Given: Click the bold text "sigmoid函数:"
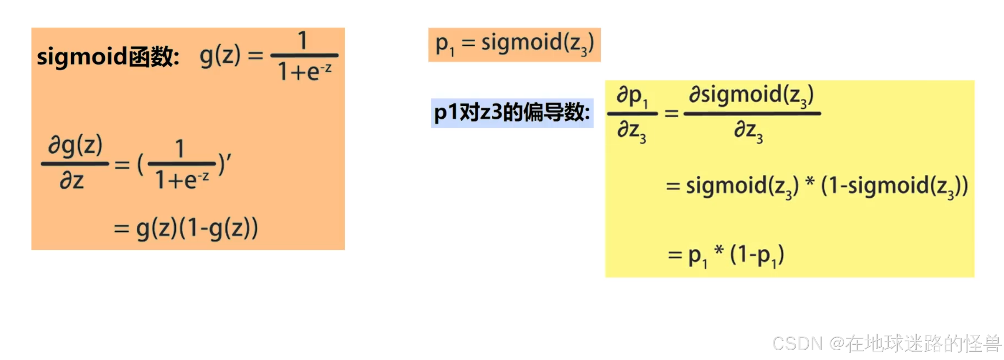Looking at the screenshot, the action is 108,56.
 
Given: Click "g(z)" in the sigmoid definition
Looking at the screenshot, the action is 219,56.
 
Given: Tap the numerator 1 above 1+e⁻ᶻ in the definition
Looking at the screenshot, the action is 303,40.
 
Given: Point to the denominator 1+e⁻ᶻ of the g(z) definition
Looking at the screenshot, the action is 304,71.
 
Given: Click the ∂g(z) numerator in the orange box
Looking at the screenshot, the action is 75,146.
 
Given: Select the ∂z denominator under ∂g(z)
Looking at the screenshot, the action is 72,180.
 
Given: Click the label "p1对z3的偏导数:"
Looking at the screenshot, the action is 512,113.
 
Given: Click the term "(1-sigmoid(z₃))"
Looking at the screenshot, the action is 894,186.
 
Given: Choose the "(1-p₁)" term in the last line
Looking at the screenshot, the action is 757,255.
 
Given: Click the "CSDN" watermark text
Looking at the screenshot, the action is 797,344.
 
